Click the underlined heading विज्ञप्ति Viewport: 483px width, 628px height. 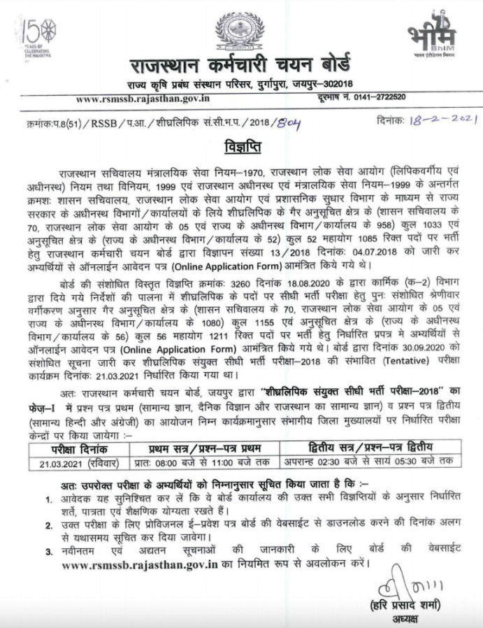240,150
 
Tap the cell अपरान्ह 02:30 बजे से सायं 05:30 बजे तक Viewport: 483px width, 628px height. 370,461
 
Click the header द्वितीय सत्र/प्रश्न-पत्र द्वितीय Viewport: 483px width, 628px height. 370,448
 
